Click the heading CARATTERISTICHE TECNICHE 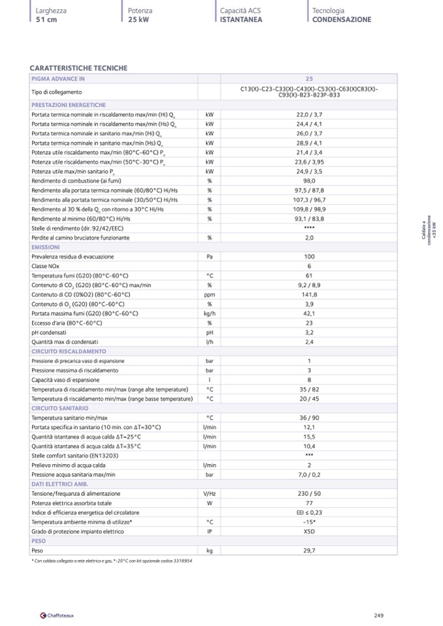(79, 68)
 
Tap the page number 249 (379, 615)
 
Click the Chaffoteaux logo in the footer (57, 615)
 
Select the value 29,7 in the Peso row (309, 550)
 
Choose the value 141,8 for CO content (309, 294)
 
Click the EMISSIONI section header (46, 247)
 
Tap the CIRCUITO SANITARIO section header (59, 408)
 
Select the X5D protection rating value (309, 531)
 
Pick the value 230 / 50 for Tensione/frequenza (309, 493)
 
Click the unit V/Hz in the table (209, 493)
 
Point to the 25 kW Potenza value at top (138, 20)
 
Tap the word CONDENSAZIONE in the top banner (341, 20)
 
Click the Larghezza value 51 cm (46, 20)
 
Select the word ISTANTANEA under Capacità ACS (241, 20)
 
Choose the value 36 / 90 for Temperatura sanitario (309, 418)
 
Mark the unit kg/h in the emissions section (209, 313)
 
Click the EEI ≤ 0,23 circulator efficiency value (309, 512)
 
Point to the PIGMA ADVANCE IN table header (58, 79)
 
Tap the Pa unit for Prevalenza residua (209, 257)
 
